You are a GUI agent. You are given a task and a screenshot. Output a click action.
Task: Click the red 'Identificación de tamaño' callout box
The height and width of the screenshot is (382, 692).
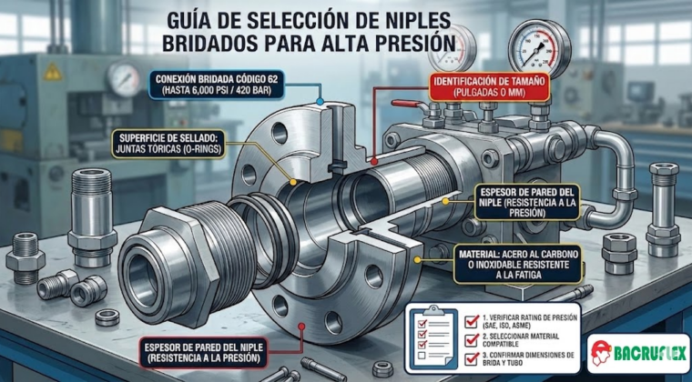click(x=490, y=86)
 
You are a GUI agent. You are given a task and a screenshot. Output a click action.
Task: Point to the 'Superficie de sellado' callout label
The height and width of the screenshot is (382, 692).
click(x=168, y=143)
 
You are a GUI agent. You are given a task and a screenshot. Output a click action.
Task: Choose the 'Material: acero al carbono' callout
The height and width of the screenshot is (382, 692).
click(x=518, y=265)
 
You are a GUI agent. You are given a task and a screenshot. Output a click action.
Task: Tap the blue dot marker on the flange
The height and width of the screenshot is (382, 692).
click(x=320, y=102)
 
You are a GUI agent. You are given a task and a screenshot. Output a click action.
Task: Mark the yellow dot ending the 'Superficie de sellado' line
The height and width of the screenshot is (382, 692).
click(x=292, y=182)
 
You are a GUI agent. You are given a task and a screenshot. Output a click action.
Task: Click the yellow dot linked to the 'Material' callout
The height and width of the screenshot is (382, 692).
click(x=417, y=260)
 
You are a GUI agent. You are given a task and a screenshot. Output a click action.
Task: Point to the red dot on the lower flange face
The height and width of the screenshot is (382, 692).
click(x=302, y=327)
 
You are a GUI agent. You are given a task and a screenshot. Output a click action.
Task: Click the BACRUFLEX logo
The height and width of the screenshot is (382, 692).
click(x=638, y=353)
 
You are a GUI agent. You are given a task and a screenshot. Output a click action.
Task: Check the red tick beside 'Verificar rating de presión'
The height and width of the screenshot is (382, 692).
click(x=472, y=322)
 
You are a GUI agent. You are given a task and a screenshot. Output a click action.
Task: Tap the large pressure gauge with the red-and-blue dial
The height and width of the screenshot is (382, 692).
click(x=534, y=47)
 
